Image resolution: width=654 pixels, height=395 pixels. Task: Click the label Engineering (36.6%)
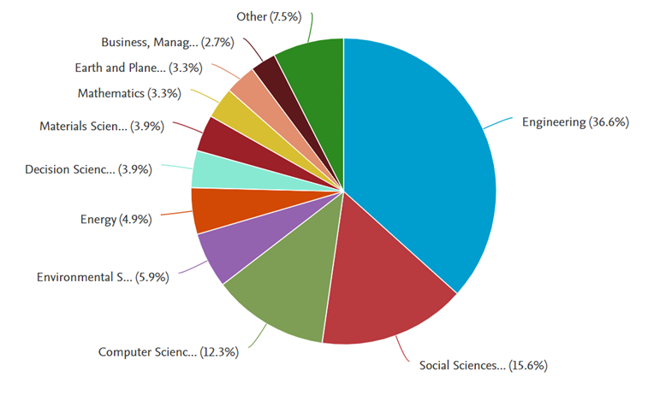pos(575,122)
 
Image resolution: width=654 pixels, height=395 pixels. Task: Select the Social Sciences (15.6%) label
pos(483,366)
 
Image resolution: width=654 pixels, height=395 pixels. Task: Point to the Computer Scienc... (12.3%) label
pos(168,351)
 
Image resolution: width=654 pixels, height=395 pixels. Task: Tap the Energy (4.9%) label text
pos(116,220)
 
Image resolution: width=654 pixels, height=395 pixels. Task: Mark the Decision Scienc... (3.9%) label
pos(88,169)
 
